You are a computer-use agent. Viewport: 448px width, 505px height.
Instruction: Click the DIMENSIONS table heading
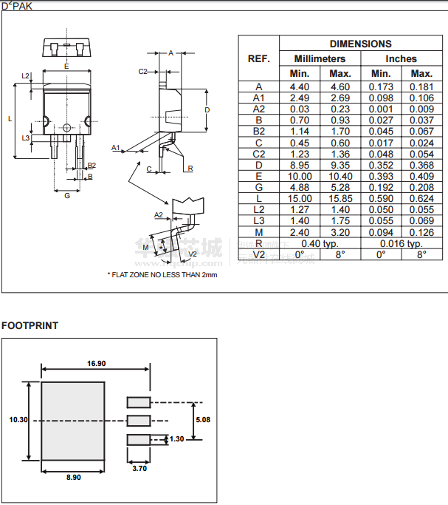click(360, 44)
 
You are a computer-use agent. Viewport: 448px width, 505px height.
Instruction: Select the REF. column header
click(258, 58)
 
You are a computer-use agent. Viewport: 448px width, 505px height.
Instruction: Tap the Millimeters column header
click(320, 58)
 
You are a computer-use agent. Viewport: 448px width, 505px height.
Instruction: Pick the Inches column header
click(401, 58)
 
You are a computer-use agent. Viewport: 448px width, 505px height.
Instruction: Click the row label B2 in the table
click(258, 132)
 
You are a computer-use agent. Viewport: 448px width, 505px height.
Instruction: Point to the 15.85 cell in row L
click(340, 199)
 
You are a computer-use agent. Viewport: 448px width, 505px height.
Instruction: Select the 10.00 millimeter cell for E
click(300, 177)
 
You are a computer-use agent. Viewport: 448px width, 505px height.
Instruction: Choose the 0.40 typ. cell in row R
click(320, 243)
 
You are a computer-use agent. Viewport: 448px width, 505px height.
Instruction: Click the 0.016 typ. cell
click(401, 243)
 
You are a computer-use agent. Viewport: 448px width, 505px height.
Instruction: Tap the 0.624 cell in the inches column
click(421, 199)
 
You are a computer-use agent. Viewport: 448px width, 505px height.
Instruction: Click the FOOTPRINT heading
click(30, 325)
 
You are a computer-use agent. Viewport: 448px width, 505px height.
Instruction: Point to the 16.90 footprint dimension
click(97, 363)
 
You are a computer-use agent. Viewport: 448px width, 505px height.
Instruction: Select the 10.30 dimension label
click(18, 419)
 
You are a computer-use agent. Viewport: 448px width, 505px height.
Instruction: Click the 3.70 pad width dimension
click(138, 467)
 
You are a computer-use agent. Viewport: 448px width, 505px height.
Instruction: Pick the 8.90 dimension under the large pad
click(73, 478)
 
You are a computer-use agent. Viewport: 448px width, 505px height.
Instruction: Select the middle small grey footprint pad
click(138, 421)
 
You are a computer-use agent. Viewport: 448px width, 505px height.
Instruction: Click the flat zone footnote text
click(162, 274)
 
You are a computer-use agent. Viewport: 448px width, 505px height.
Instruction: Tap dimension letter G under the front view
click(67, 195)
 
